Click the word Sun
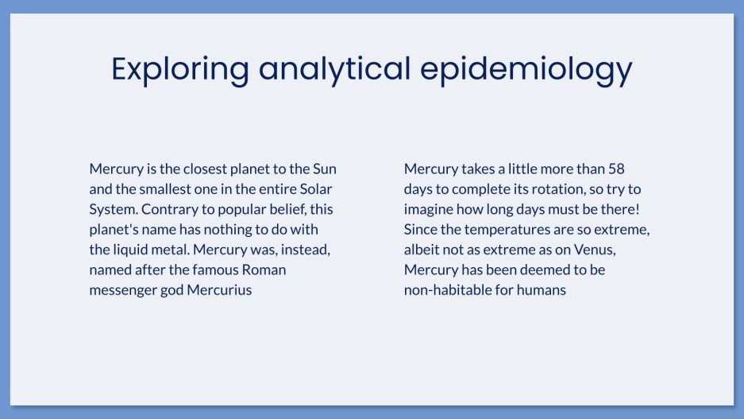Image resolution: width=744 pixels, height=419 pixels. pyautogui.click(x=325, y=169)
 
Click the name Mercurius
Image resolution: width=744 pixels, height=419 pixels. pyautogui.click(x=220, y=289)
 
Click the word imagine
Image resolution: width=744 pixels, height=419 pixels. pyautogui.click(x=430, y=209)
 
